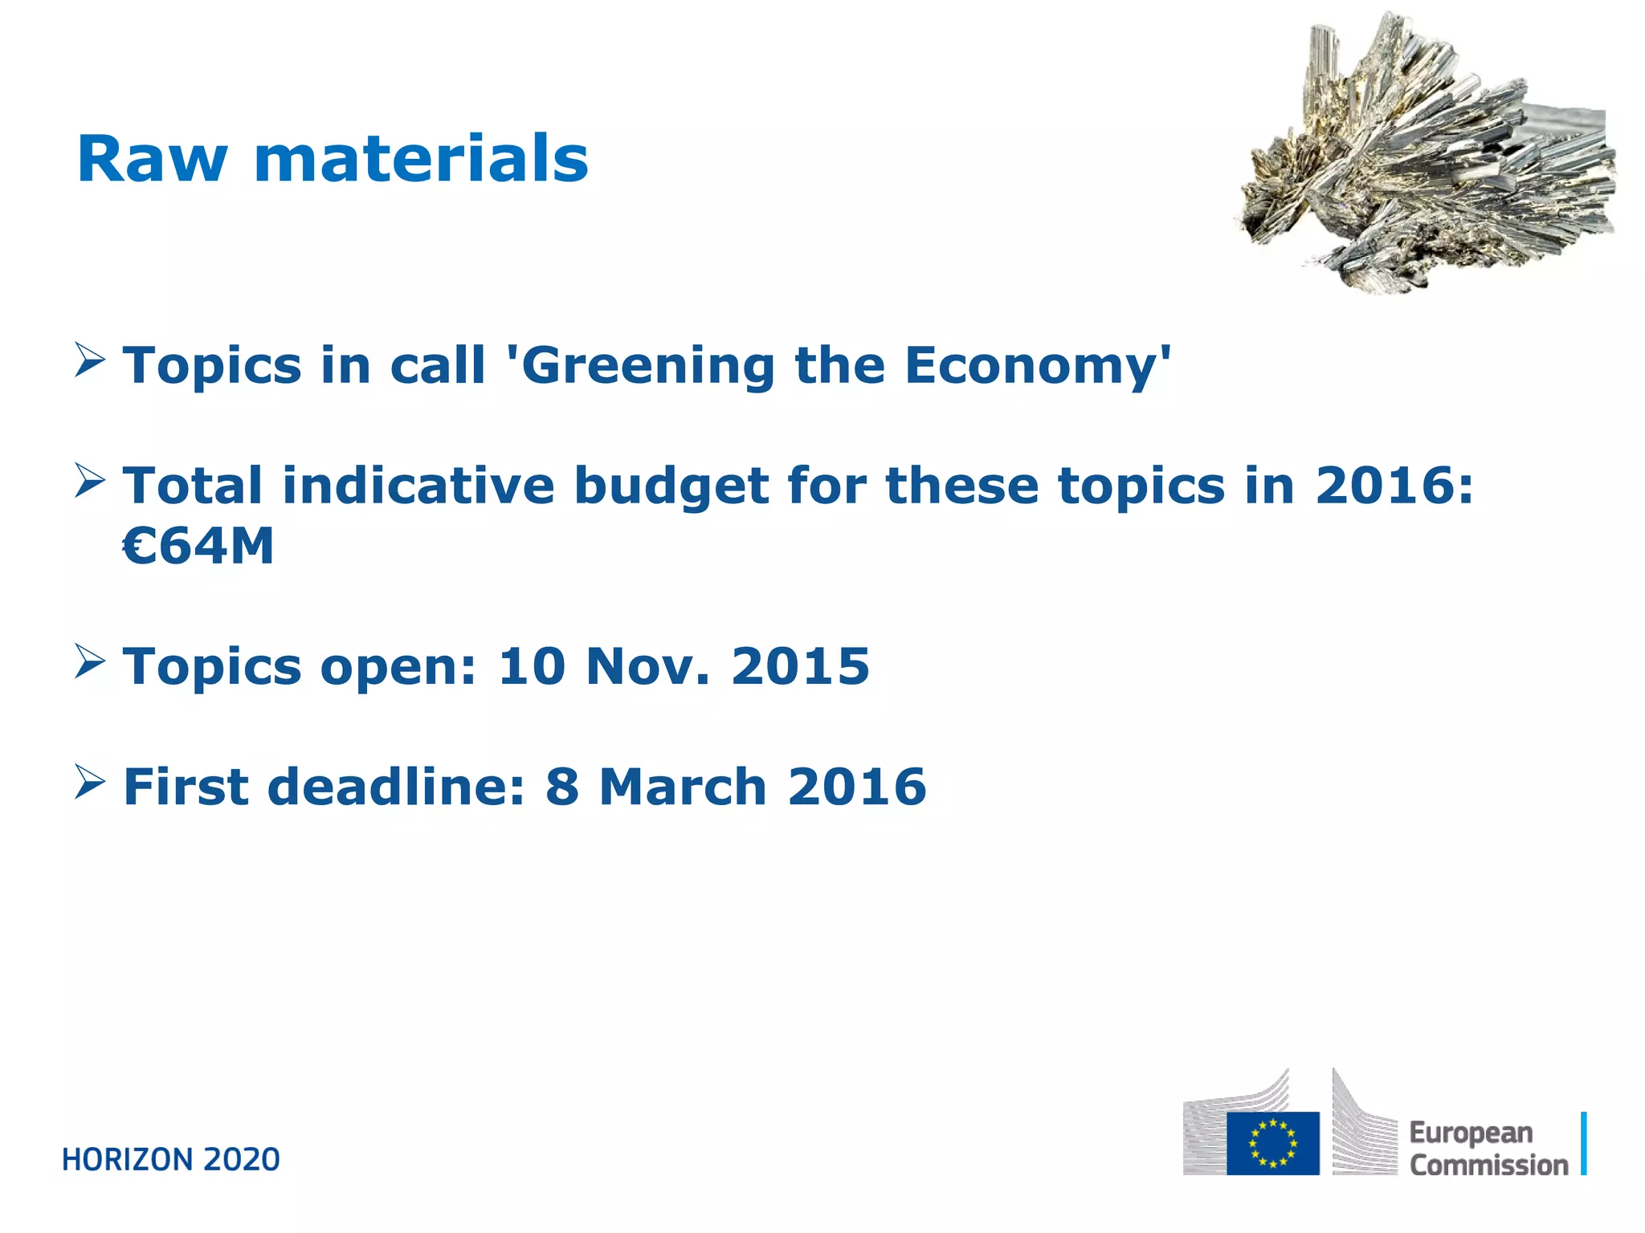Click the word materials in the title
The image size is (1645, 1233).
point(421,159)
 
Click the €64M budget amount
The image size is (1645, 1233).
point(198,547)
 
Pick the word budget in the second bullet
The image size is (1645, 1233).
point(671,486)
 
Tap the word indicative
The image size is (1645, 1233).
point(418,486)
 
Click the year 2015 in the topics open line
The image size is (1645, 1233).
point(800,666)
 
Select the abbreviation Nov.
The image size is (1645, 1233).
point(647,666)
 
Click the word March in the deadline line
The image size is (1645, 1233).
point(683,786)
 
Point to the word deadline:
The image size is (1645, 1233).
point(396,786)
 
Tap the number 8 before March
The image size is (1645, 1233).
point(562,786)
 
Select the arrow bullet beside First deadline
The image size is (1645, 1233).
point(90,780)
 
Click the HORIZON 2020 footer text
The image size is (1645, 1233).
point(171,1160)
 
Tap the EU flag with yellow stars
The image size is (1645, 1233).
point(1272,1143)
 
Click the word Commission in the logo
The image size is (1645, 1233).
point(1488,1165)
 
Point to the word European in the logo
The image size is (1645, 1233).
point(1471,1133)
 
